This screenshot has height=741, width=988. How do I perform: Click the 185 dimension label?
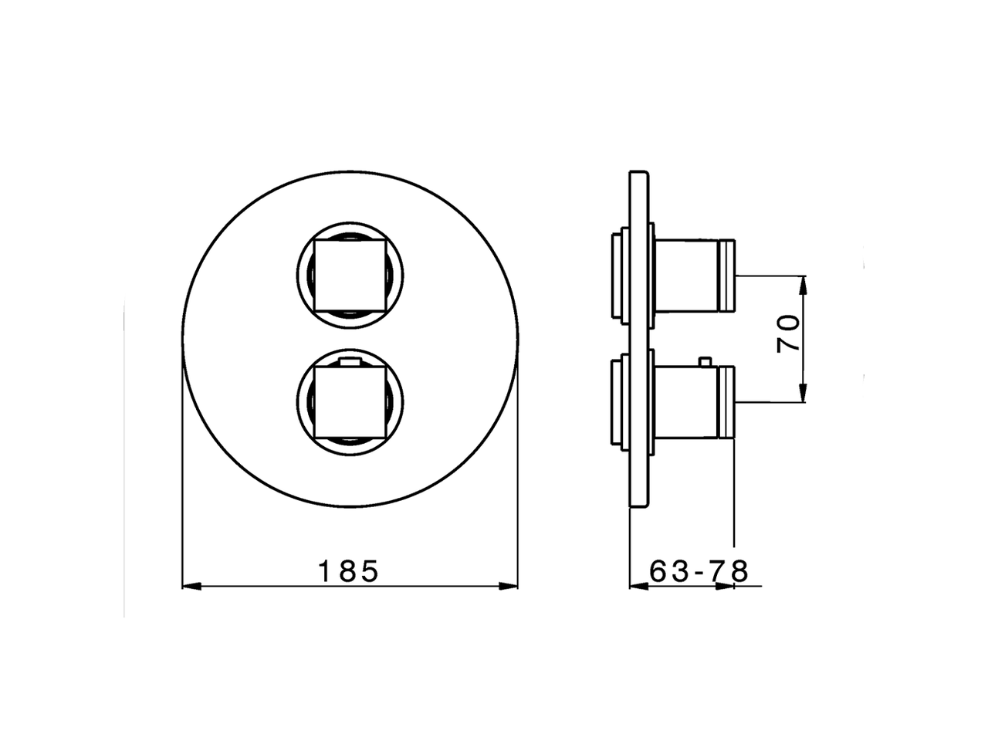(x=348, y=571)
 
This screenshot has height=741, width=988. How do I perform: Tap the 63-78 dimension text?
(x=699, y=571)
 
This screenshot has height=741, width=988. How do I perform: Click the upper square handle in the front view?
(x=350, y=276)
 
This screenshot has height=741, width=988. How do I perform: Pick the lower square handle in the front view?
(x=350, y=402)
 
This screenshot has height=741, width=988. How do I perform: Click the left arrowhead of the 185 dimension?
(x=191, y=586)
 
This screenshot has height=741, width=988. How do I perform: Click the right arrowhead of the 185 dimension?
(x=509, y=586)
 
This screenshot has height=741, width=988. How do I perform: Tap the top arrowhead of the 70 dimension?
(x=804, y=286)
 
